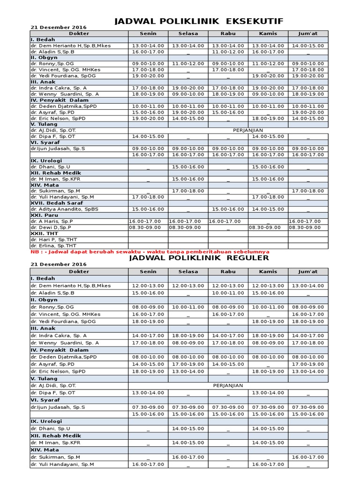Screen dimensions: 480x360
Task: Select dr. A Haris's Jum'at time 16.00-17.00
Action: click(304, 221)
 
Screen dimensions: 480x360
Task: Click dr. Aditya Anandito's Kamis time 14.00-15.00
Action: click(268, 209)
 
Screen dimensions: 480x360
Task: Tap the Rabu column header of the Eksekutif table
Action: click(228, 33)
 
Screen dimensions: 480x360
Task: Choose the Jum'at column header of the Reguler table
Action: click(308, 271)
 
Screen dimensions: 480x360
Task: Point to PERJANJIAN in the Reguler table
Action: click(228, 385)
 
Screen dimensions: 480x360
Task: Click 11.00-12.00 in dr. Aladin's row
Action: click(228, 52)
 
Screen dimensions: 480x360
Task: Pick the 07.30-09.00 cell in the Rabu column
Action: click(228, 407)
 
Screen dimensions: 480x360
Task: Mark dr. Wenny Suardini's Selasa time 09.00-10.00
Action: click(188, 94)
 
